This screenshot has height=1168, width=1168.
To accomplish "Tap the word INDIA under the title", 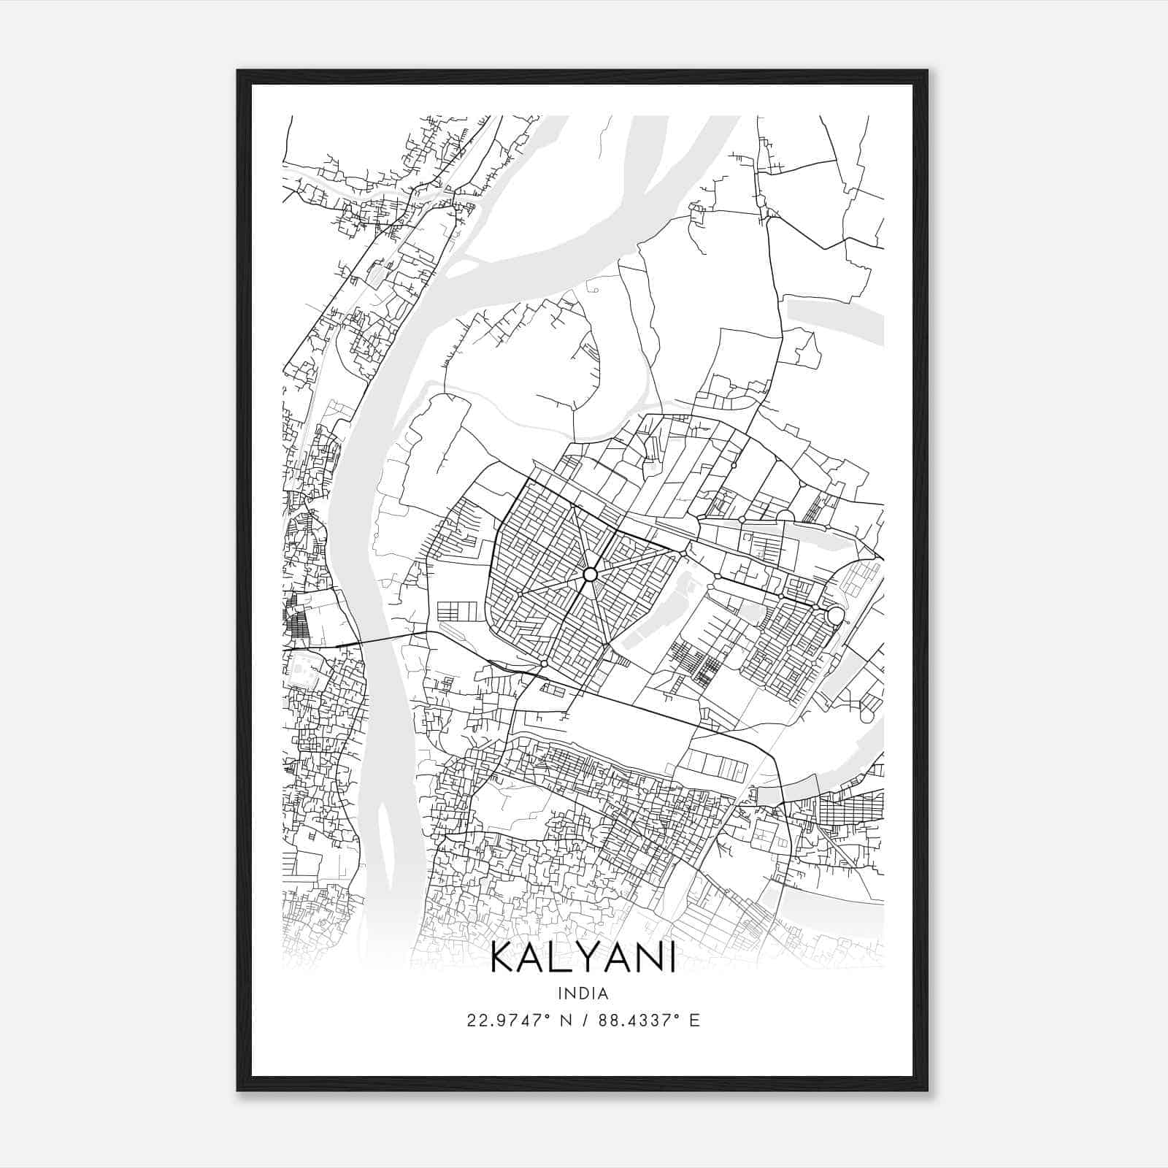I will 583,994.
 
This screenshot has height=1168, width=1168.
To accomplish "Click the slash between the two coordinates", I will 585,1021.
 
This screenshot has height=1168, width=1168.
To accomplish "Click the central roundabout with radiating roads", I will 590,575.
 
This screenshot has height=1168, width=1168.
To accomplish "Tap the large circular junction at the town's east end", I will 835,616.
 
